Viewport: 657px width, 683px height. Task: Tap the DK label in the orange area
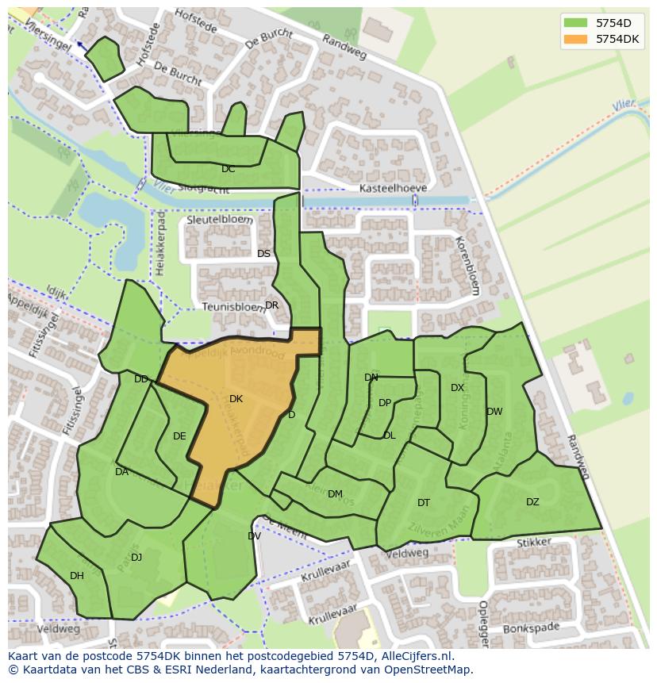[236, 399]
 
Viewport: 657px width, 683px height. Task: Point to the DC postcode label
[229, 169]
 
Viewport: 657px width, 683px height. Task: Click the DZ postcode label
[532, 501]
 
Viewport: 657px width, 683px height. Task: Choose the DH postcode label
[77, 576]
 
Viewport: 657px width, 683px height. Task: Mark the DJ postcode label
[136, 558]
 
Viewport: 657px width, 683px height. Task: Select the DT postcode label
[424, 503]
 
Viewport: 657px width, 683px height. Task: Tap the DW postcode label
[494, 412]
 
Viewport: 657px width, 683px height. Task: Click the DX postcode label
[457, 388]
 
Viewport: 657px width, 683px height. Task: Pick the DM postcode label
[335, 494]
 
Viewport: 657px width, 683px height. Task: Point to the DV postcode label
[254, 536]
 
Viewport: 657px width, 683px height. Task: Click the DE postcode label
[179, 436]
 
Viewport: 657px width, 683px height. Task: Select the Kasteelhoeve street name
[393, 188]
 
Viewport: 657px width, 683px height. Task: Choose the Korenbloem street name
[467, 265]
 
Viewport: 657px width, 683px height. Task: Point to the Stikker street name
[533, 543]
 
